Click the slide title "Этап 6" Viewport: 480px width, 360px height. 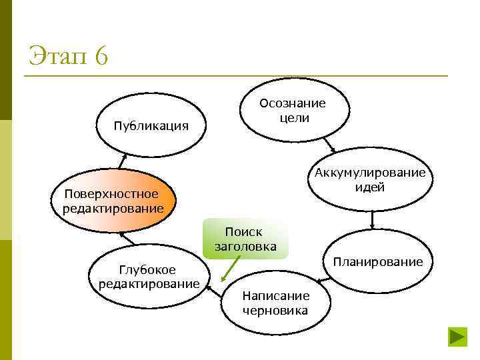(68, 56)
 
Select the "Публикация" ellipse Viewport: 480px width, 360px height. (150, 126)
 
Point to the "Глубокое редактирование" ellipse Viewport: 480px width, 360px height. (149, 277)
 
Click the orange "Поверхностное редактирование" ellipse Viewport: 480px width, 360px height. (113, 201)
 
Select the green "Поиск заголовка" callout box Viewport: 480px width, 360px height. (244, 239)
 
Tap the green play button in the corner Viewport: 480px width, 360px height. (457, 337)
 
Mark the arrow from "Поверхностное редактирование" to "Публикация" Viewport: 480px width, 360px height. (123, 160)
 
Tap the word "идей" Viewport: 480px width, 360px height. (370, 187)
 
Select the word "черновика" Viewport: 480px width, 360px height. (275, 310)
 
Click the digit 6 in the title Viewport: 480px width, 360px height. (101, 56)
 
